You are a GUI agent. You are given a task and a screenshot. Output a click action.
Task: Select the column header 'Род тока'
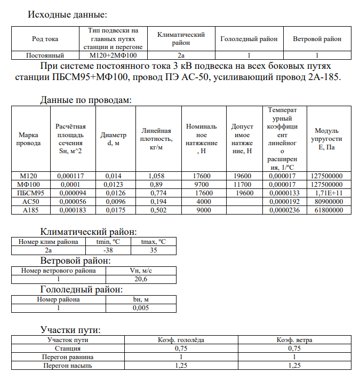click(x=45, y=39)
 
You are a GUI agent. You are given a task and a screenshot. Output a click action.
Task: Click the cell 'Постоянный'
click(x=45, y=55)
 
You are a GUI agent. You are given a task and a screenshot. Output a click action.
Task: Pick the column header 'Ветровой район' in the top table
click(x=317, y=39)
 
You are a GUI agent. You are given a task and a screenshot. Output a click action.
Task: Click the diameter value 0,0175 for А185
click(x=113, y=210)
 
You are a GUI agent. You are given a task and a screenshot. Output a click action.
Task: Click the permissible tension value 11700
click(x=242, y=184)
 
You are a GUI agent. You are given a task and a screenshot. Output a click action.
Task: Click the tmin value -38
click(x=108, y=249)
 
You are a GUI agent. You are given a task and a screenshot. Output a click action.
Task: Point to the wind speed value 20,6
click(x=141, y=279)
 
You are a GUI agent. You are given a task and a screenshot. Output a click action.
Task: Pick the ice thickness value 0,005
click(x=141, y=308)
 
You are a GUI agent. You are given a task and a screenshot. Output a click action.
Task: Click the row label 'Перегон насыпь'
click(x=67, y=366)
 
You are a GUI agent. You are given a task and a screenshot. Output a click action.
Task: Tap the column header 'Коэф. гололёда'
click(x=181, y=340)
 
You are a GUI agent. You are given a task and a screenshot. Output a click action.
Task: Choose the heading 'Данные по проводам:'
click(x=86, y=100)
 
